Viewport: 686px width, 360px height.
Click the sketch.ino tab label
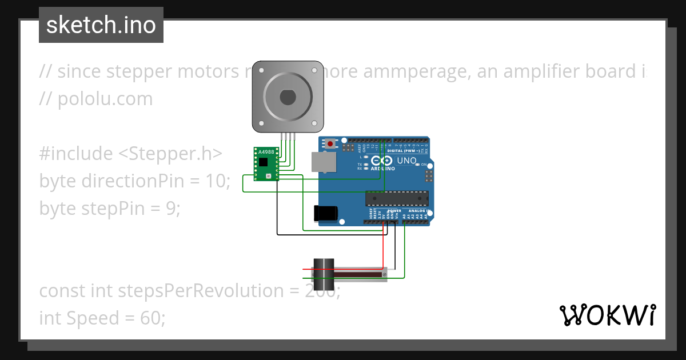tap(101, 25)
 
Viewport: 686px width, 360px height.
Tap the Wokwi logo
tap(607, 315)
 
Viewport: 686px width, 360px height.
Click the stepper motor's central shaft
tap(287, 97)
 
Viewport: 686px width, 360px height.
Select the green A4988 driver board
tap(266, 164)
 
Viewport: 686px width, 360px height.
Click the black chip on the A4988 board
tap(263, 162)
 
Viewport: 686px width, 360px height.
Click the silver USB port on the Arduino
tap(322, 162)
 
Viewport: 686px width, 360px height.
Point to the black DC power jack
tap(325, 213)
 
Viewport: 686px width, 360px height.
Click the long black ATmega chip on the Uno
tap(397, 198)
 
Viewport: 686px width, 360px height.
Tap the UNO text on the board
tap(406, 161)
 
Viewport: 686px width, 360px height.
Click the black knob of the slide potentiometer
tap(323, 274)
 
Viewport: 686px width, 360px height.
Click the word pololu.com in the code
tap(105, 99)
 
